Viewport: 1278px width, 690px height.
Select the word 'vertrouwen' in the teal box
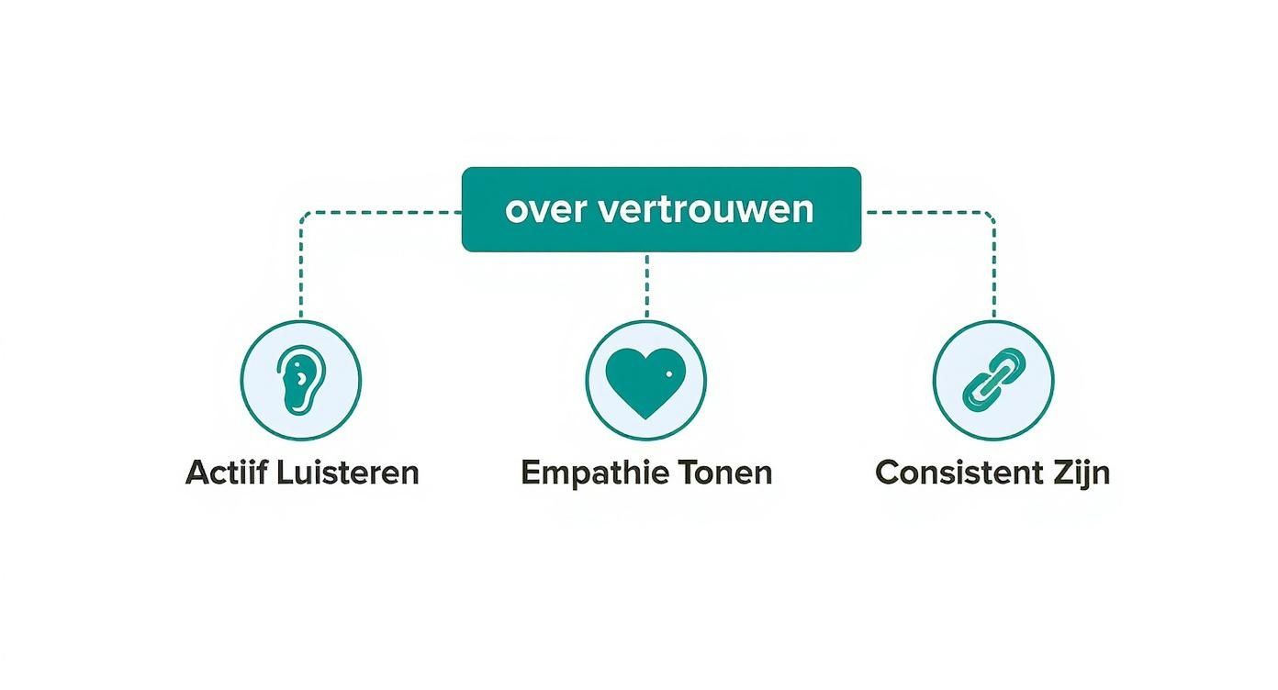pos(705,209)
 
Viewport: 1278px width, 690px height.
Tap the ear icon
pos(300,380)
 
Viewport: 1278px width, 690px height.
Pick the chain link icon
pos(993,379)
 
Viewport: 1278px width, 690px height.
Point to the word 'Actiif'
pos(219,473)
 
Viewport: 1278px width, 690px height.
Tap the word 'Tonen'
pos(725,473)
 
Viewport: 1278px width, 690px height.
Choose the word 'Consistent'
pos(951,473)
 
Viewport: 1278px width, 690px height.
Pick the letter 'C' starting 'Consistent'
pos(888,473)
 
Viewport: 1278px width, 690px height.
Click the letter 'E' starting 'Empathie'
pos(530,473)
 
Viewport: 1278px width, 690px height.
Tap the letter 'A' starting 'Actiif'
pos(196,473)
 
